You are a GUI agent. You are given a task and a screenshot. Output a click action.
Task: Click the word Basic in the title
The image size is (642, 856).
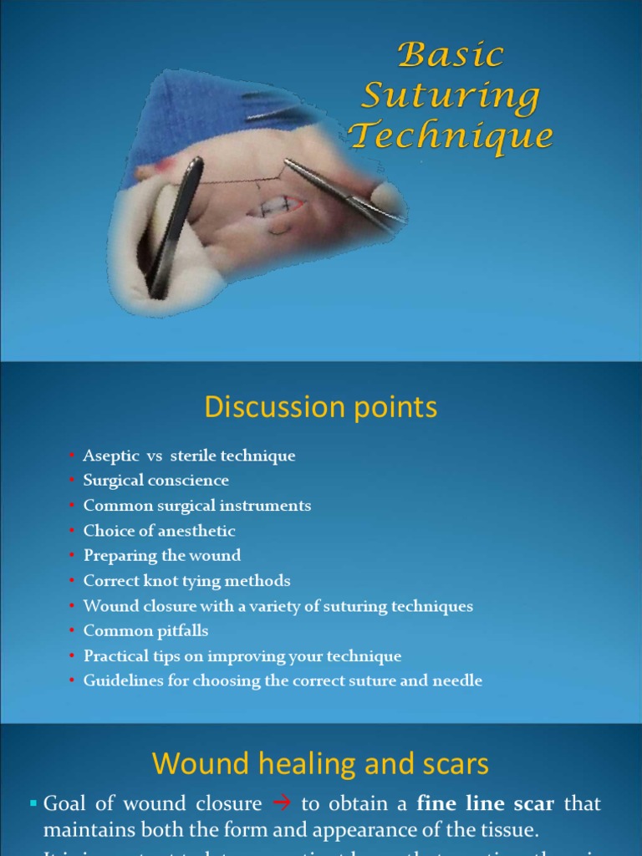click(451, 56)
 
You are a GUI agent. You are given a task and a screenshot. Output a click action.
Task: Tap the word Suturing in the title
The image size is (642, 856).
click(451, 96)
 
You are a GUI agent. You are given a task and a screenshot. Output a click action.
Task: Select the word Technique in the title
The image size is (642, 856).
click(451, 135)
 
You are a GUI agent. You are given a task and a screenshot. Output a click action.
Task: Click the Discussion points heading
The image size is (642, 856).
click(321, 408)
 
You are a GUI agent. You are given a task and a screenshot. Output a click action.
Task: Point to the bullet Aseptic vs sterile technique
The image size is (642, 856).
click(189, 456)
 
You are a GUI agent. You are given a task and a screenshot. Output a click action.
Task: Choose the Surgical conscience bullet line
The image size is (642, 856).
click(155, 481)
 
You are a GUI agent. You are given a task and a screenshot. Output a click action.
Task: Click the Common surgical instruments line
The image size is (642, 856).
click(196, 506)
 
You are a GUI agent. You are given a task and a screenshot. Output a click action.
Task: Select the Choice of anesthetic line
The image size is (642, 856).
click(159, 531)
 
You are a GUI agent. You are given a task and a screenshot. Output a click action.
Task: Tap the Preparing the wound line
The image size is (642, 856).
click(161, 556)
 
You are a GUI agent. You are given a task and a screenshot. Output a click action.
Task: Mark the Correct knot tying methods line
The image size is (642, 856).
click(186, 581)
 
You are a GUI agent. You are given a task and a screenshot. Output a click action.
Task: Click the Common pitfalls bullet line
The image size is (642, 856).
click(145, 631)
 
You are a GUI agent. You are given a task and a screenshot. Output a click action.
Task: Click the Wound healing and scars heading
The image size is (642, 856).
click(321, 764)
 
